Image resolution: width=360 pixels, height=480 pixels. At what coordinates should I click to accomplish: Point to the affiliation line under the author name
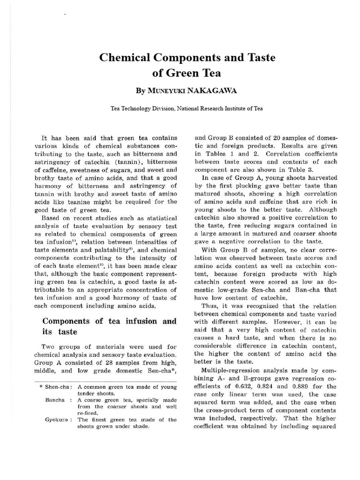[x=180, y=108]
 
